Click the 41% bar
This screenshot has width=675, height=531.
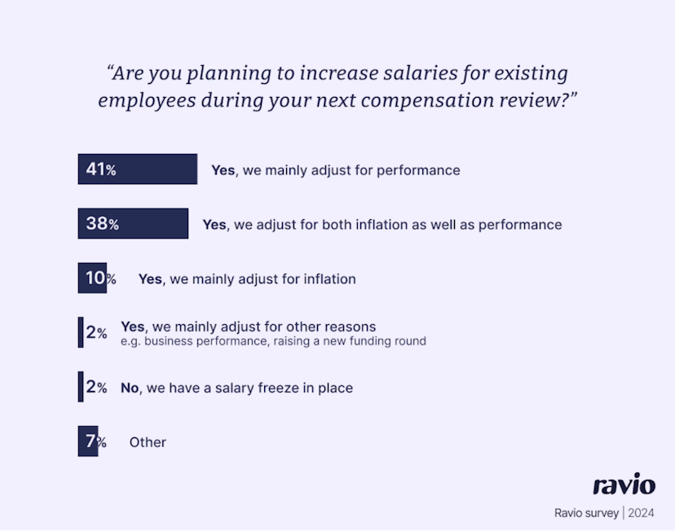point(137,169)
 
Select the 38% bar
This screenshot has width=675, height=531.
point(133,224)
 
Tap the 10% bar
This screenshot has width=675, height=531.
point(92,279)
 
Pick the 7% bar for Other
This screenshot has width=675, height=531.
point(87,441)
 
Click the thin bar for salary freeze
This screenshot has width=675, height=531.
point(81,387)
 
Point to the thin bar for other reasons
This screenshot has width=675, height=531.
point(81,332)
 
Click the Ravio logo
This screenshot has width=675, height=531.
point(624,485)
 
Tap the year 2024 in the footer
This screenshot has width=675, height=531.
point(641,513)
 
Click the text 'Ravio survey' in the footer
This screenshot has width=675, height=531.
point(586,513)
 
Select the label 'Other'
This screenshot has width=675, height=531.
point(148,442)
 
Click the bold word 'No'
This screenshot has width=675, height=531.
point(130,388)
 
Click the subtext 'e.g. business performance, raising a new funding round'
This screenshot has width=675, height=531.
point(273,341)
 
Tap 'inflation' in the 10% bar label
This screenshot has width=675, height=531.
point(325,279)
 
